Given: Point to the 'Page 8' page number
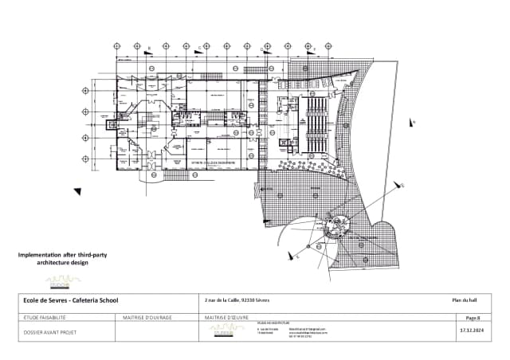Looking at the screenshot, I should [x=473, y=317].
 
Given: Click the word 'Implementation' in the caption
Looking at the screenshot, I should [x=39, y=254].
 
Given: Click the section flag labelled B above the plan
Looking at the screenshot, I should [x=149, y=50].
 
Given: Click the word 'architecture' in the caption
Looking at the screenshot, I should [x=36, y=261].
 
